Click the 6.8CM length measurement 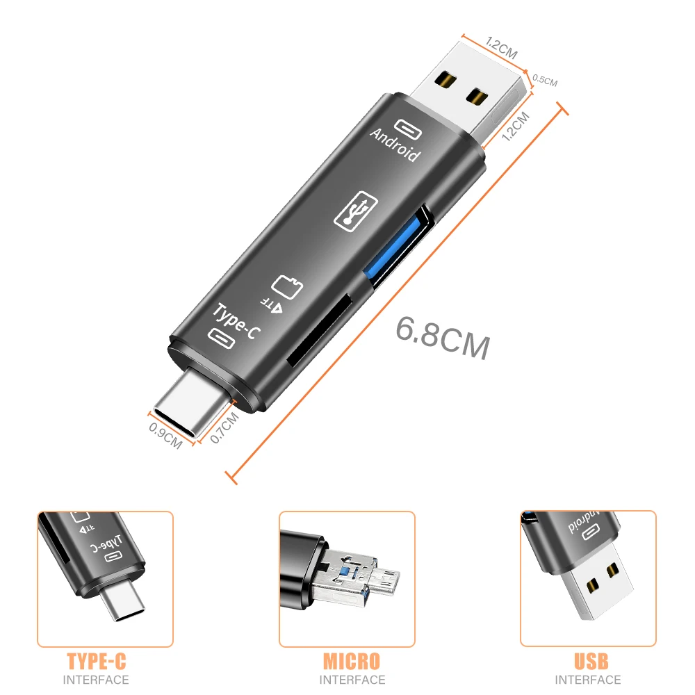443,337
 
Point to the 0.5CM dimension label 544,81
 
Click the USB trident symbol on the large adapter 355,211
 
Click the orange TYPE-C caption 96,660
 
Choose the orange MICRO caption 351,660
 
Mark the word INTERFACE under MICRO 351,680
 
